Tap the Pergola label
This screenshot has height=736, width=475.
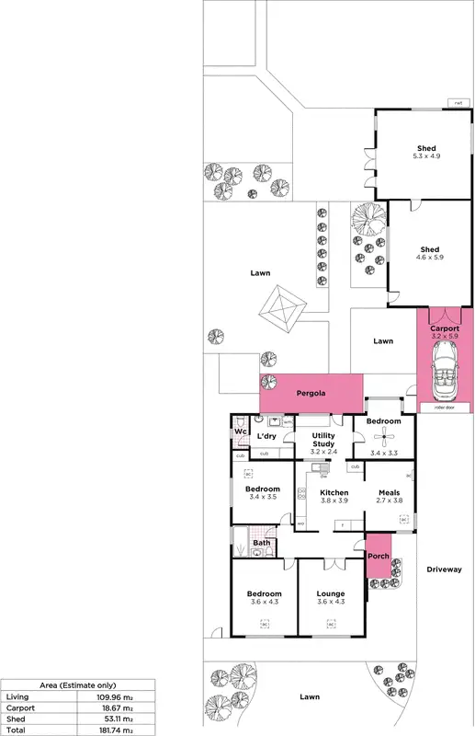pos(311,394)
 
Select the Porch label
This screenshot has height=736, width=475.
pos(379,556)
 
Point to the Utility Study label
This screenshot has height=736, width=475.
pos(322,443)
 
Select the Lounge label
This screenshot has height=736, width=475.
pos(331,593)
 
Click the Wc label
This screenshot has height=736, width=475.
pos(239,431)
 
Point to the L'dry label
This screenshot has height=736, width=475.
pos(266,435)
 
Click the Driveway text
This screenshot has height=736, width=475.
pos(445,569)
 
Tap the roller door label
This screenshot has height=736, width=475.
pos(432,406)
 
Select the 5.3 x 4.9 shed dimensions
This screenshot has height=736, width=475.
pos(426,156)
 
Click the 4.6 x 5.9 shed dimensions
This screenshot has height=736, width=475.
pos(430,258)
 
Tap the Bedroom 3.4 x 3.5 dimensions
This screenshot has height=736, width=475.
pos(263,497)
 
